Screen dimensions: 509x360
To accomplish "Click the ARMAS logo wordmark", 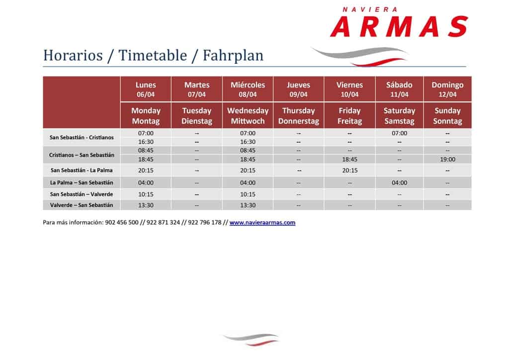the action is (399, 27).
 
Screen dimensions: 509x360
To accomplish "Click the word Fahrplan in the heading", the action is (233, 55).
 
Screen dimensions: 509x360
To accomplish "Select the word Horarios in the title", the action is (73, 55).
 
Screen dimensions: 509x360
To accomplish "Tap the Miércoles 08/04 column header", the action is (248, 90).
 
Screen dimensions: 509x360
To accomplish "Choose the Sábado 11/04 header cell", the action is (399, 90).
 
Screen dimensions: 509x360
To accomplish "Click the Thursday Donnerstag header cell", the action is (299, 115).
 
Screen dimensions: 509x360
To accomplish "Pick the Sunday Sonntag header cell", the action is (447, 115).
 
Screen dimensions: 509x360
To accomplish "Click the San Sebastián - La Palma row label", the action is (82, 170).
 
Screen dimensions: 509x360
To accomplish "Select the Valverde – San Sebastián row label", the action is (82, 205).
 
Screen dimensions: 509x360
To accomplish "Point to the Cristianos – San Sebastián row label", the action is (82, 155).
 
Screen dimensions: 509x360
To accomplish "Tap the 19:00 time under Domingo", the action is (447, 160).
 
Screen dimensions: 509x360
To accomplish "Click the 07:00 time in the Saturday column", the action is (399, 133).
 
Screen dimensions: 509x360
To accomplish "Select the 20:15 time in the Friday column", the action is (349, 171).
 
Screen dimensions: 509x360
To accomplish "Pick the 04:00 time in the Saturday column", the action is (399, 183).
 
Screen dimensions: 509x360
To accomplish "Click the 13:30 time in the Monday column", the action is (146, 205).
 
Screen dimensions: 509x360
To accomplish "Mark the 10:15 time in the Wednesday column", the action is (248, 194).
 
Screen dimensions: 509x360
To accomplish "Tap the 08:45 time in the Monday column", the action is (146, 150).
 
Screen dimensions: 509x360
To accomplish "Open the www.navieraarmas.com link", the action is (262, 222).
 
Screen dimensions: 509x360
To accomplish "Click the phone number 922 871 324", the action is (163, 222).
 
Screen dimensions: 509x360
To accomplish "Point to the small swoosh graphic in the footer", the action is (251, 339).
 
